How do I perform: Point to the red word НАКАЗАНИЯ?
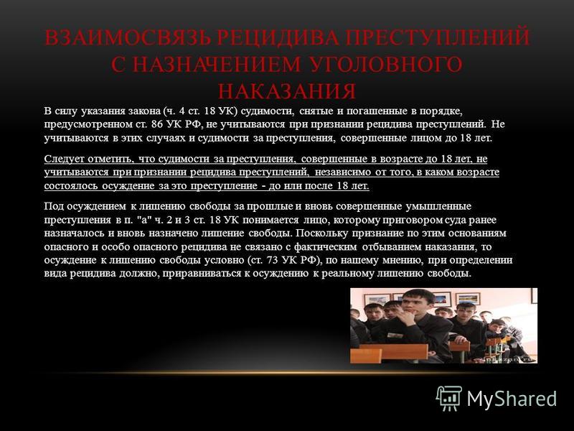(287, 91)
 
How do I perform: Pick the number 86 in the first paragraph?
(156, 124)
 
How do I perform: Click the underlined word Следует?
(59, 159)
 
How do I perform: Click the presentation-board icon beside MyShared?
(448, 398)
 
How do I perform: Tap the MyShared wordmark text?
(512, 399)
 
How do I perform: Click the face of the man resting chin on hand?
(413, 302)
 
